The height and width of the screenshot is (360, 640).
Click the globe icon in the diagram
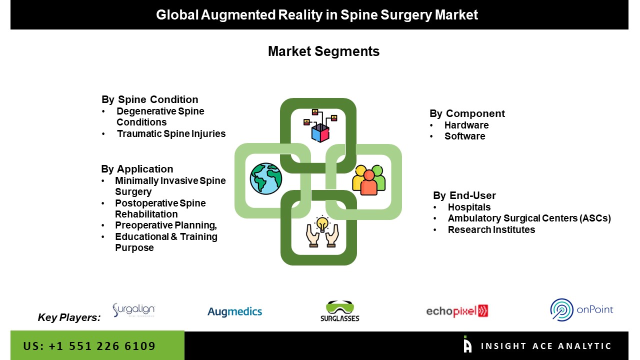[266, 178]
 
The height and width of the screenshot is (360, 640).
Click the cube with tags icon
[320, 125]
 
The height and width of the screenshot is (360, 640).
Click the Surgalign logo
[133, 310]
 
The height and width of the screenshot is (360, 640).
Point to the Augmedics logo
[235, 312]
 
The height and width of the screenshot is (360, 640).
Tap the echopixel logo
[457, 311]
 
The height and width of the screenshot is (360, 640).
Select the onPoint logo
[581, 309]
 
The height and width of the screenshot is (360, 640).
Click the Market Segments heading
[323, 51]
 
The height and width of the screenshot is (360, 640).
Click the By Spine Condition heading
[150, 99]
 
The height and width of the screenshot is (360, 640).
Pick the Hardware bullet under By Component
[466, 125]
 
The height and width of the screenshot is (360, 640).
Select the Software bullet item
[464, 136]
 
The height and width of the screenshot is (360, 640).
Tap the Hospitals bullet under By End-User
[469, 207]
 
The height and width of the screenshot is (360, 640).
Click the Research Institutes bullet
[491, 229]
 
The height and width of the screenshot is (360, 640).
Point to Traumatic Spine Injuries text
[171, 133]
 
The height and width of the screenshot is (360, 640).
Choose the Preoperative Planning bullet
[165, 225]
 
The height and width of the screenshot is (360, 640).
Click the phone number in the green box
[89, 346]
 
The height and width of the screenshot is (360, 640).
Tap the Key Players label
[69, 317]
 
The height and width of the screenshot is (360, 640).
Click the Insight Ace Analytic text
[546, 346]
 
